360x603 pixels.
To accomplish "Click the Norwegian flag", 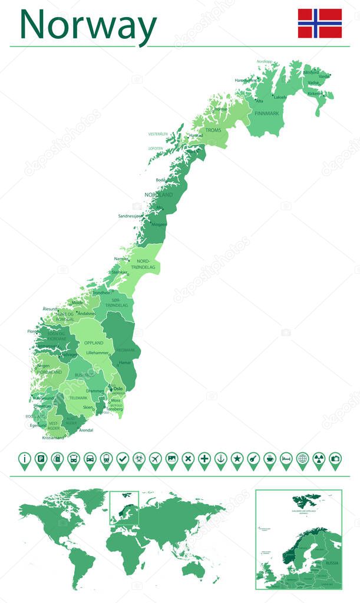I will [319, 24].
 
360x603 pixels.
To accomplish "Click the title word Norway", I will [88, 25].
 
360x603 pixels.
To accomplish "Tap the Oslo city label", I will [118, 389].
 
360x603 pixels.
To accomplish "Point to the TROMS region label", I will [213, 130].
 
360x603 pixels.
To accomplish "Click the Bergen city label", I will [44, 365].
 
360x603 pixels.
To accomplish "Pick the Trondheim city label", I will [101, 292].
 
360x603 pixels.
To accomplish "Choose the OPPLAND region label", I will [93, 342].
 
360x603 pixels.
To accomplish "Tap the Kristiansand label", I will [53, 438].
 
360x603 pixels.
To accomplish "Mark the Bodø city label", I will [160, 180].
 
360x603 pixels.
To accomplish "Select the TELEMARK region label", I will [78, 397].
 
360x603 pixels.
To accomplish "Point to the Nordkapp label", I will [265, 61].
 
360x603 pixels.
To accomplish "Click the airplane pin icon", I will [155, 459].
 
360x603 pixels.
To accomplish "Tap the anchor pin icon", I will [220, 459].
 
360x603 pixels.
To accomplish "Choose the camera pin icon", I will [335, 459].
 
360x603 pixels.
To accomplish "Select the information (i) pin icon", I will [24, 459].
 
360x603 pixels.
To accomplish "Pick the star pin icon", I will [237, 459].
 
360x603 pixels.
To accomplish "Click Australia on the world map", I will [193, 568].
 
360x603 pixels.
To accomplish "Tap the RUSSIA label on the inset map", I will [332, 564].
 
